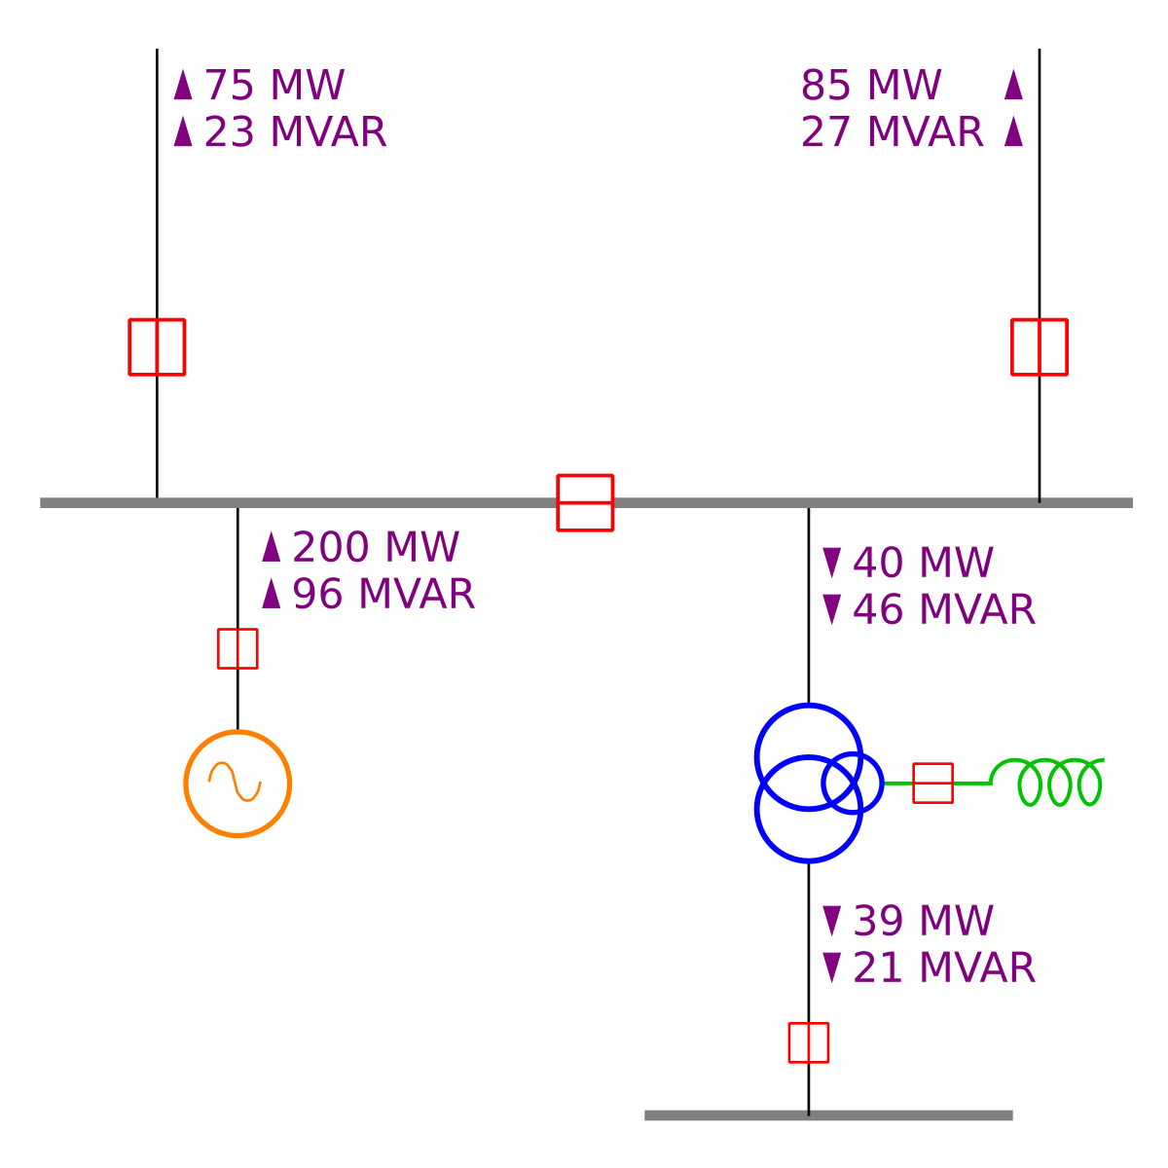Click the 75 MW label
tap(274, 86)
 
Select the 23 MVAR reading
tap(295, 132)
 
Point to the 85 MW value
tap(871, 86)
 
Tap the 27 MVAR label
tap(893, 132)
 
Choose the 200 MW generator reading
tap(375, 548)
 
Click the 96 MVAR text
tap(383, 595)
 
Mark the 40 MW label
tap(923, 564)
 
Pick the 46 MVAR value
tap(943, 610)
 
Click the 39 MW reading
tap(923, 922)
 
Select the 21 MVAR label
tap(943, 968)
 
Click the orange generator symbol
tap(237, 784)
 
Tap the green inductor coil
tap(1056, 782)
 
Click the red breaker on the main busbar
tap(585, 502)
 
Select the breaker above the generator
tap(237, 648)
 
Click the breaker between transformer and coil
tap(932, 783)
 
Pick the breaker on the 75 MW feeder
tap(157, 347)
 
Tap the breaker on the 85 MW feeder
tap(1040, 347)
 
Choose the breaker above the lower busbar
tap(809, 1042)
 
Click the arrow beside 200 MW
tap(272, 548)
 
